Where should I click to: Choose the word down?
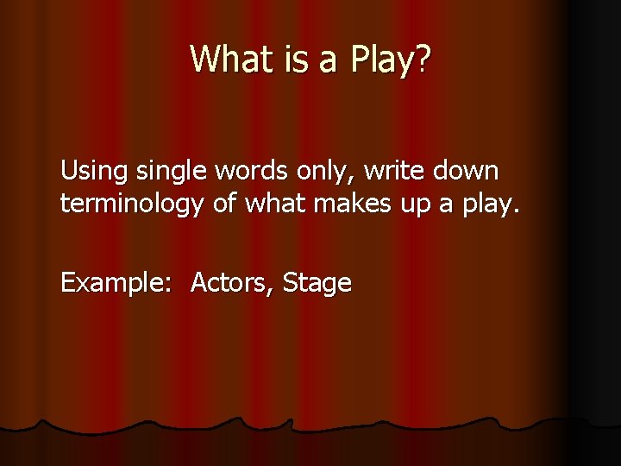466,172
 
